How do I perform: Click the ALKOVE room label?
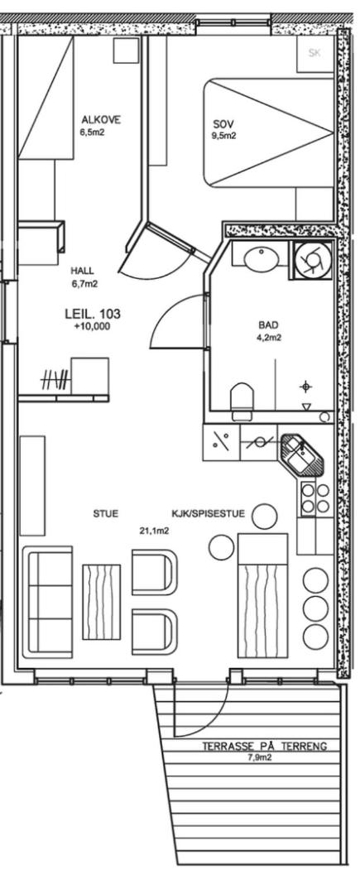[101, 120]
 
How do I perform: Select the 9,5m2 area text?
[224, 136]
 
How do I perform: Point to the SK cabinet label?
[315, 53]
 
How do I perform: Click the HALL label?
[82, 272]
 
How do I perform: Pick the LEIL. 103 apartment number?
[93, 314]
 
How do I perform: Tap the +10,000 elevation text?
[92, 327]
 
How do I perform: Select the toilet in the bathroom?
[242, 401]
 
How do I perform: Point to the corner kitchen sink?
[302, 454]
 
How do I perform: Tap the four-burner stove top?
[315, 498]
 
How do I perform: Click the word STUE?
[105, 514]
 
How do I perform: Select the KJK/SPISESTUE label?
[209, 514]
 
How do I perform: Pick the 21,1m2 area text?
[154, 531]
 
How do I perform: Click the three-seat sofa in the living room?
[48, 601]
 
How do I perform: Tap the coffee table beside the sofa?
[102, 602]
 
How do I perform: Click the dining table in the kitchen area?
[262, 594]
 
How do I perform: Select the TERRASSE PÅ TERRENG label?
[265, 747]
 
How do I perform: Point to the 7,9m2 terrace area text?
[260, 757]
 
